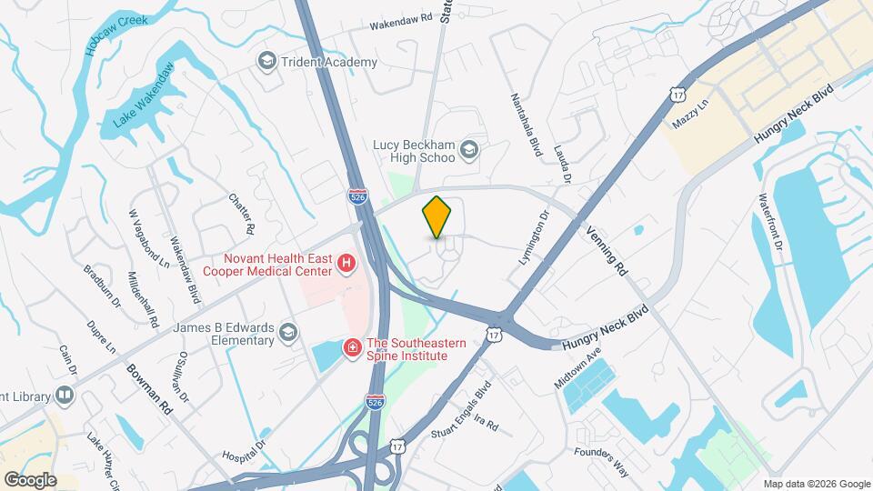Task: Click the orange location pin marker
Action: tap(437, 216)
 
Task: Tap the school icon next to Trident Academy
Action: tap(266, 62)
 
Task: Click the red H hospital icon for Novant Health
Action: tap(346, 264)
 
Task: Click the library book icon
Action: tap(64, 395)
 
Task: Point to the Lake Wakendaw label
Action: tap(143, 96)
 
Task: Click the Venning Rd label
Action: tap(607, 251)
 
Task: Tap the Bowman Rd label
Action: tap(150, 391)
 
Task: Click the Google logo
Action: tap(30, 479)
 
